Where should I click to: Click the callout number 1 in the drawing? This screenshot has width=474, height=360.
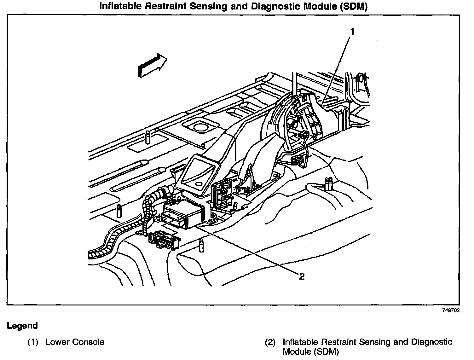(x=353, y=32)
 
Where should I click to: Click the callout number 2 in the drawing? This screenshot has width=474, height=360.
(x=302, y=276)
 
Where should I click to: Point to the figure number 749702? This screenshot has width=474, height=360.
(x=451, y=310)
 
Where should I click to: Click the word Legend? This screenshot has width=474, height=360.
(x=22, y=326)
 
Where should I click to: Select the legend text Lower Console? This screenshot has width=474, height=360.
(x=75, y=342)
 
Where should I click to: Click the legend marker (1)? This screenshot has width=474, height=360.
(x=33, y=342)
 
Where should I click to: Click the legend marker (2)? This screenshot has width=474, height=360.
(x=270, y=342)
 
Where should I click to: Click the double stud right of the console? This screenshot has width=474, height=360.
(x=328, y=184)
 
